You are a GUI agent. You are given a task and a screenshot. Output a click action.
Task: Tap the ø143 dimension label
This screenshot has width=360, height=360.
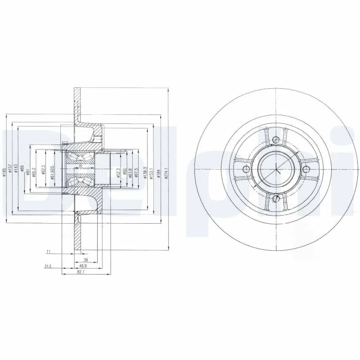16,168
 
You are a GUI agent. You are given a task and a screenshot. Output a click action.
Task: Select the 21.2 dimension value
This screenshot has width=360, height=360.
48,266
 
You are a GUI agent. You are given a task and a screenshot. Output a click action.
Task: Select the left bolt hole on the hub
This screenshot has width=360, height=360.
246,169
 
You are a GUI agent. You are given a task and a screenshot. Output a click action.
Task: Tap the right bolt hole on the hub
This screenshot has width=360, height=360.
306,169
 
